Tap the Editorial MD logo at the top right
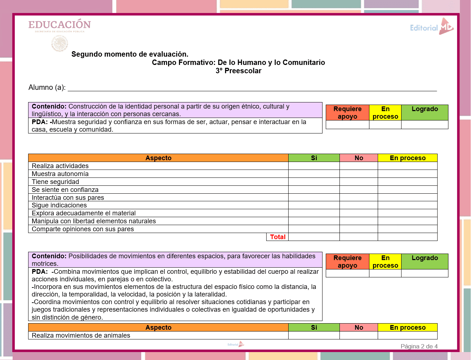coord(431,27)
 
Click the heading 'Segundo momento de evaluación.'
coord(130,54)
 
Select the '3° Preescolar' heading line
coord(238,71)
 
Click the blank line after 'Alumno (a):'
coord(252,88)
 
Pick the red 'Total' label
coord(277,237)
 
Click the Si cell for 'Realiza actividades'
coord(314,166)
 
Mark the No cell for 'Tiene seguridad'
coord(359,182)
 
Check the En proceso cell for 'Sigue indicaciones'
coord(407,205)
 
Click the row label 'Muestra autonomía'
coord(60,174)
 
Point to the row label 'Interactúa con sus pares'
coord(68,198)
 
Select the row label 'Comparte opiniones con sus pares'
coord(83,229)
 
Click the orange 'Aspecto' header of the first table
coord(158,158)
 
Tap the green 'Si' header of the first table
coord(314,158)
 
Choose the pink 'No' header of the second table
coord(359,328)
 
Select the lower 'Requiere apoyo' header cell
coord(347,262)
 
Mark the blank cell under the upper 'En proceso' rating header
coord(385,125)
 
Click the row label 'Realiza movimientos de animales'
coord(81,335)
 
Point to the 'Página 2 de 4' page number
coord(419,346)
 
